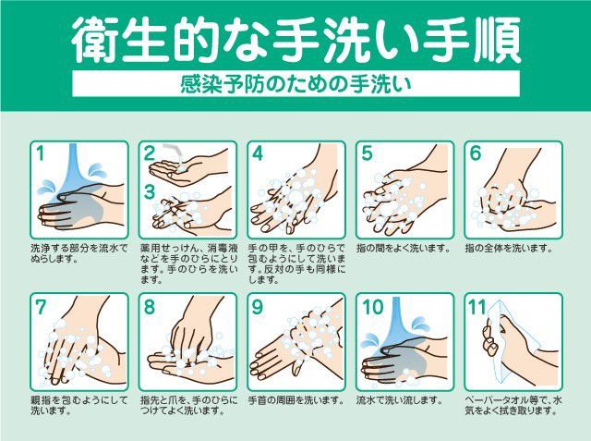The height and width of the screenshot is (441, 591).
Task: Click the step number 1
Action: click(x=40, y=153)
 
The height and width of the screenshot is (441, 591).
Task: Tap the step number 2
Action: click(x=150, y=153)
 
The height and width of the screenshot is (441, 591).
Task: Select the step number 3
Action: click(x=150, y=191)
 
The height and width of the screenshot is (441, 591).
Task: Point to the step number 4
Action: click(x=258, y=153)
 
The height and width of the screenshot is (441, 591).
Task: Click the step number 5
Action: click(x=367, y=153)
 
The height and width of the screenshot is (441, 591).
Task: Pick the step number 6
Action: click(x=476, y=153)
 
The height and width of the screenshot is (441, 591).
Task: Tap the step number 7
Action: click(x=41, y=307)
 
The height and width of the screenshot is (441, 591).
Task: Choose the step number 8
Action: click(x=150, y=307)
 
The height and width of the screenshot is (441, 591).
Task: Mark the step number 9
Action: click(x=258, y=307)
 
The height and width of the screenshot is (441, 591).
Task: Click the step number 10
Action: click(x=372, y=307)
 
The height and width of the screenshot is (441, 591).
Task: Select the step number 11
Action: click(x=477, y=307)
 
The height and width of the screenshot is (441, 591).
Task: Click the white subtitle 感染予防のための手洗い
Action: click(x=295, y=84)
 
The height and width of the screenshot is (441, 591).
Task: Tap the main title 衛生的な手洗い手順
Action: click(x=295, y=39)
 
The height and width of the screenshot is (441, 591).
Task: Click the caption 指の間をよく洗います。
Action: click(x=404, y=249)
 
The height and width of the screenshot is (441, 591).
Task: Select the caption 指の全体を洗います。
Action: click(x=509, y=249)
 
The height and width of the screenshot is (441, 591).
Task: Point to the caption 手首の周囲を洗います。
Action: click(x=295, y=400)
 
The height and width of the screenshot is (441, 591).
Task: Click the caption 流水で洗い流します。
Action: click(x=400, y=400)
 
